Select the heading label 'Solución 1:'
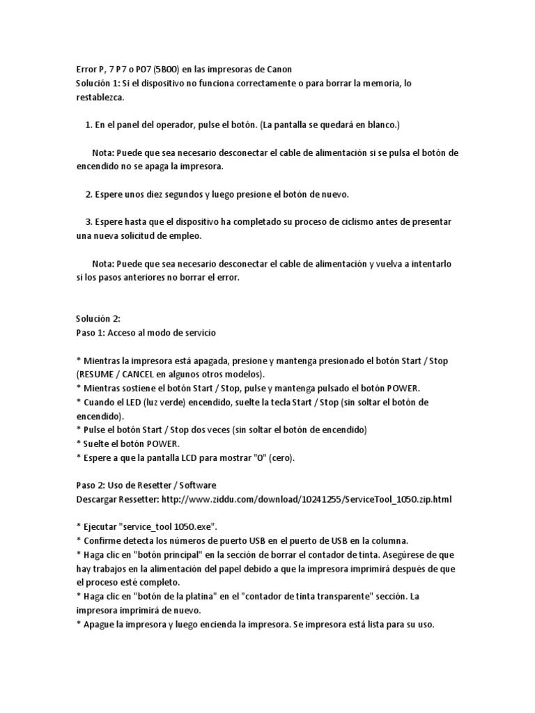(98, 83)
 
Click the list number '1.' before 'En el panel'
(88, 125)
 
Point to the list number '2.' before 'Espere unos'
(88, 194)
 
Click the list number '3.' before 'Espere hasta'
(88, 221)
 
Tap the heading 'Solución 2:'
(98, 318)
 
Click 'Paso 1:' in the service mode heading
(91, 332)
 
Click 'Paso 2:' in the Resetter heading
(91, 485)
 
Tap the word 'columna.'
(387, 540)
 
